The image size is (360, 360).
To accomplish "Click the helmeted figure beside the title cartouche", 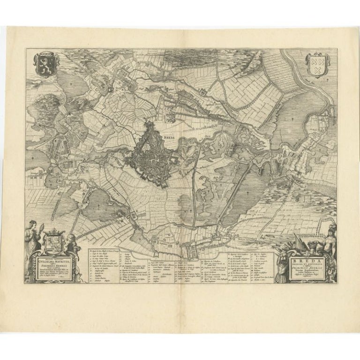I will [x=329, y=244].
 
